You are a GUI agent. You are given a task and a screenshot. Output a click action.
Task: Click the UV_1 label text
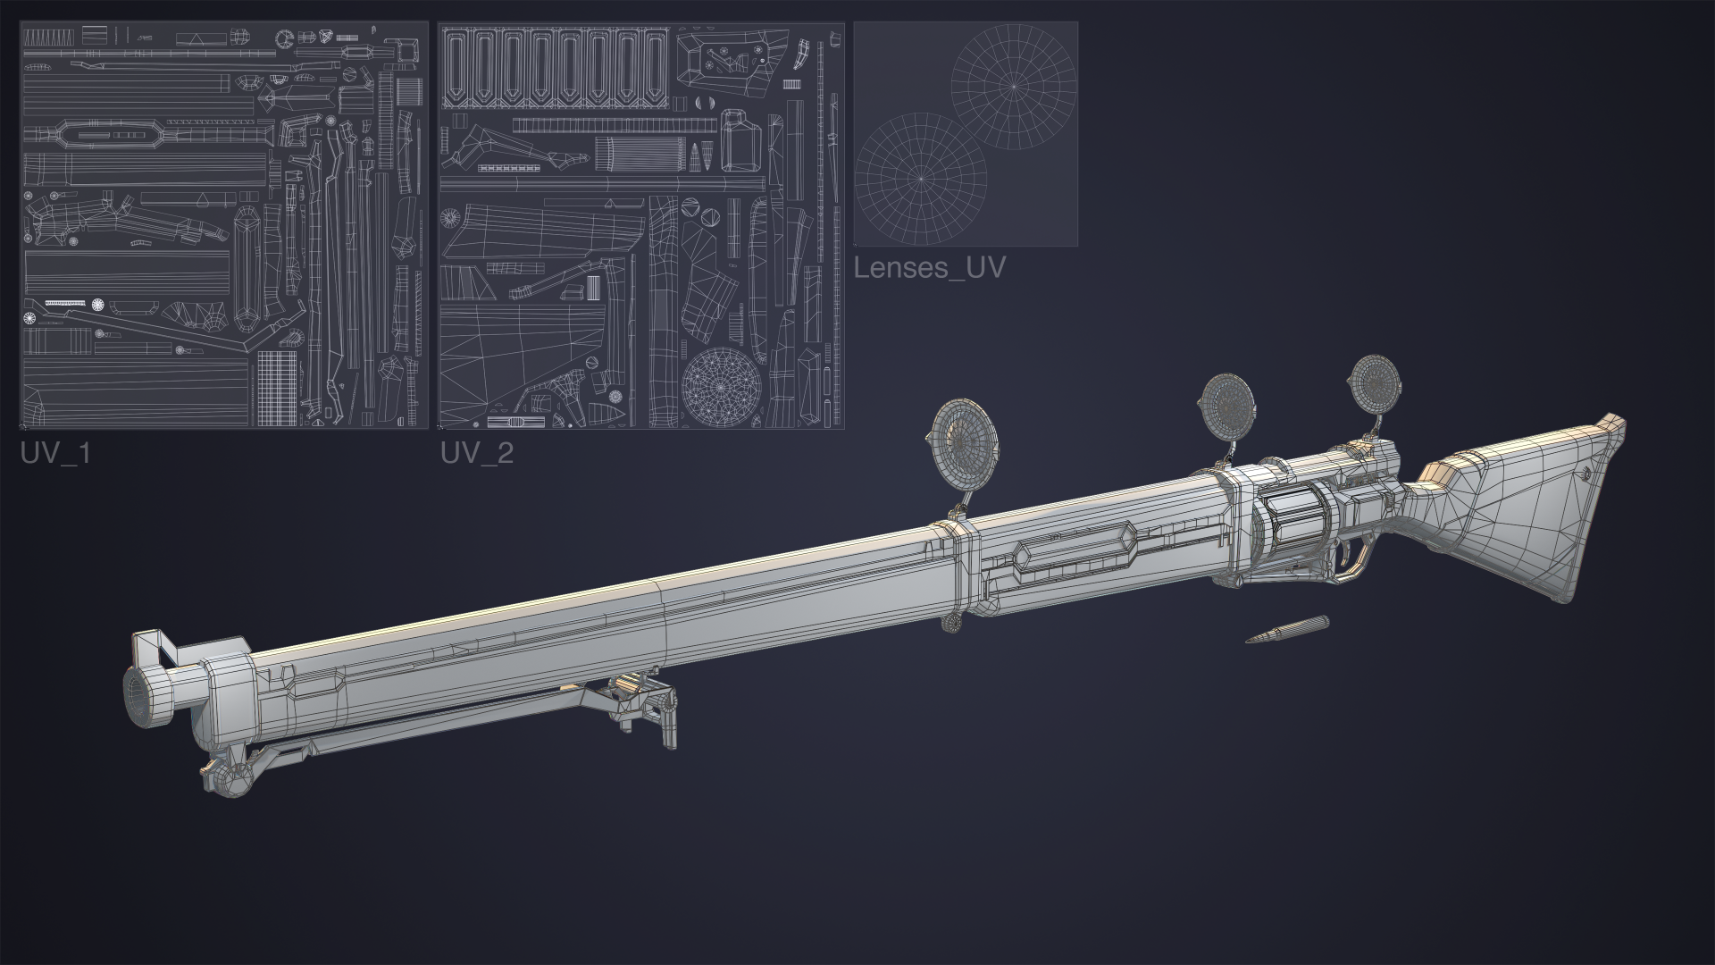pyautogui.click(x=55, y=453)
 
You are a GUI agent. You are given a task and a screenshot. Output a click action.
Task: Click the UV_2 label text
pyautogui.click(x=477, y=453)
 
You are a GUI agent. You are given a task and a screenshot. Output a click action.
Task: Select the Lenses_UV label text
pyautogui.click(x=930, y=267)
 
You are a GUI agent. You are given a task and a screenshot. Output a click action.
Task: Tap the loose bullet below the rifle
pyautogui.click(x=1287, y=630)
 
